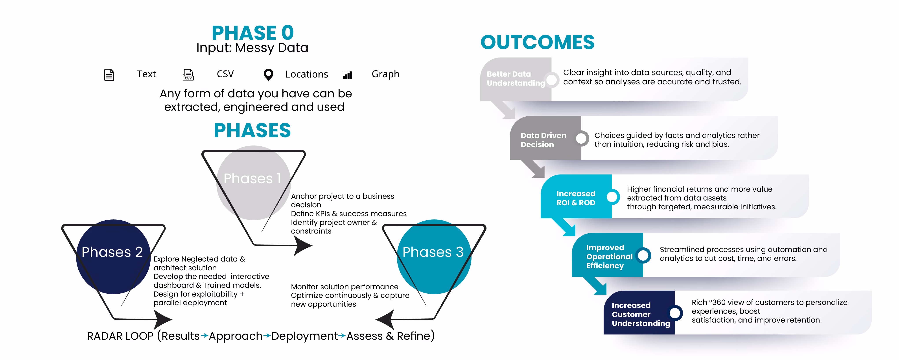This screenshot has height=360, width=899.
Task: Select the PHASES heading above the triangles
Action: point(252,131)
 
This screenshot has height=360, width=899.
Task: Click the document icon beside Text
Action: point(109,75)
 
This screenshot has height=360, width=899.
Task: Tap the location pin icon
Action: point(268,75)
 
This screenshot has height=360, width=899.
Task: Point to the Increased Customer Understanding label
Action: point(640,314)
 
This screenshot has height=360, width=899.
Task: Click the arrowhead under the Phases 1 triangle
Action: point(302,245)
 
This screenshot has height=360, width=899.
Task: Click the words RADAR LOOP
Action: point(120,336)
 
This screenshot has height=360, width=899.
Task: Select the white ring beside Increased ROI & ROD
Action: point(612,197)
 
